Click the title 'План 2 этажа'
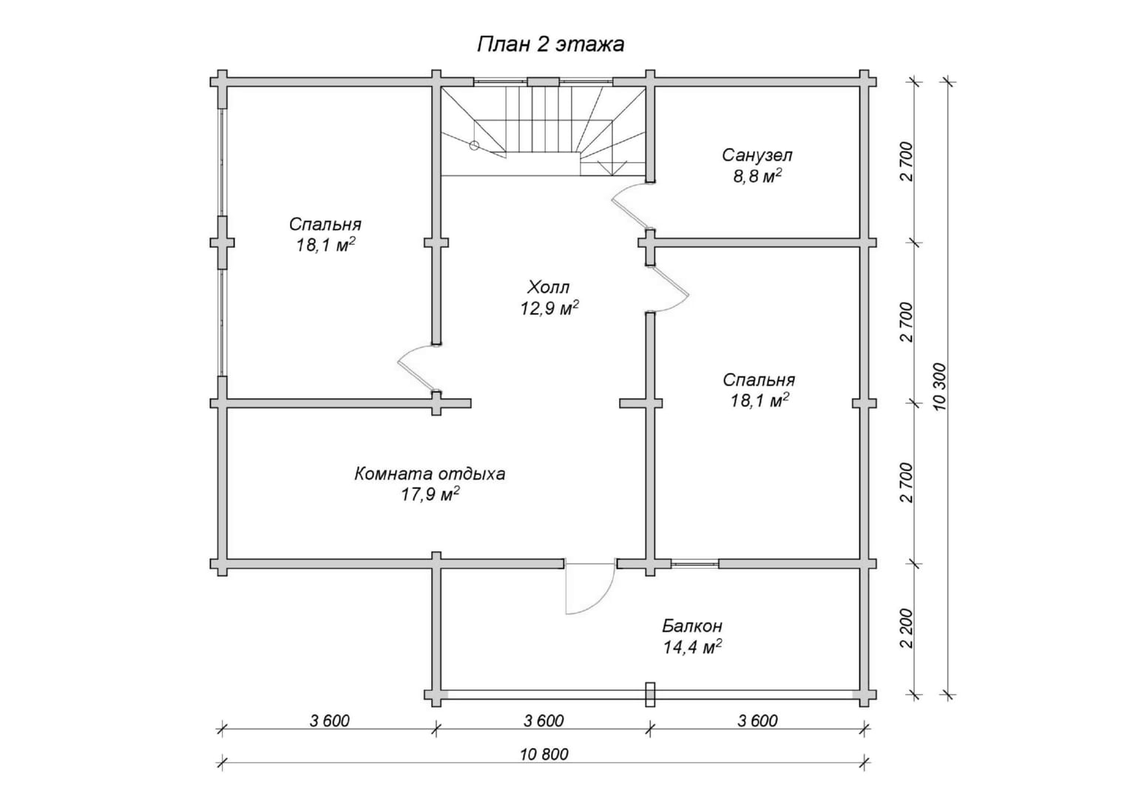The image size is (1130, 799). click(x=550, y=44)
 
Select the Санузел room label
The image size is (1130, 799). click(x=757, y=155)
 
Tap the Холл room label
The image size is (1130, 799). click(x=548, y=287)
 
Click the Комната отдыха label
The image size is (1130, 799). click(x=430, y=473)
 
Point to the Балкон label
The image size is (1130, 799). click(x=692, y=627)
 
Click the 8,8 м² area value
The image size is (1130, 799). click(x=757, y=177)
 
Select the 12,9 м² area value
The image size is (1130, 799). click(x=549, y=309)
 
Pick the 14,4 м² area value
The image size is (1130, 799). click(x=692, y=647)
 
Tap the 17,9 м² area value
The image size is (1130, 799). click(x=430, y=494)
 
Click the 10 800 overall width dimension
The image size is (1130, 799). click(x=544, y=755)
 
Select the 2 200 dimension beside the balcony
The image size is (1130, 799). click(x=907, y=629)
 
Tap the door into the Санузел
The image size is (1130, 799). click(x=631, y=207)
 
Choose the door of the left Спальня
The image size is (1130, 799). click(x=417, y=368)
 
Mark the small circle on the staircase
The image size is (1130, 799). click(x=474, y=146)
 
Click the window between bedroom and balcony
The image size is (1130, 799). click(x=694, y=564)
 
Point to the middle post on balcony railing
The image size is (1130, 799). click(x=650, y=695)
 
